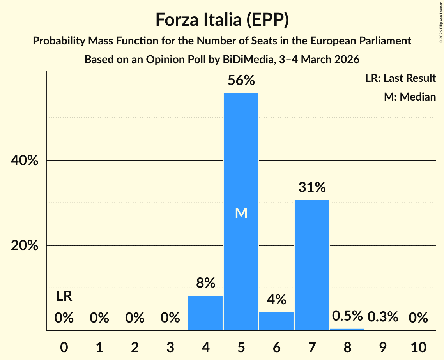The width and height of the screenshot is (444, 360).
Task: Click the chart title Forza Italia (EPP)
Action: [x=222, y=19]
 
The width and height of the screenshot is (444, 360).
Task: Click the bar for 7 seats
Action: [x=312, y=265]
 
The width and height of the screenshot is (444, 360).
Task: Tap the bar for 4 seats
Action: [x=205, y=313]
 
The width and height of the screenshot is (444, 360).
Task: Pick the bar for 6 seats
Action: [x=276, y=321]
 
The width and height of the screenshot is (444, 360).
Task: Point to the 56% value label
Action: [x=241, y=80]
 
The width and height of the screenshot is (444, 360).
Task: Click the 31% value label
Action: [x=312, y=187]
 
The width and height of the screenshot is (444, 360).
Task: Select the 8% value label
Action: [x=205, y=283]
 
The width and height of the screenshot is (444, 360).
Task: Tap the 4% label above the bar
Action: [x=276, y=300]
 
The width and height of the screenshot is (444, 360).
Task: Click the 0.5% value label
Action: [x=347, y=316]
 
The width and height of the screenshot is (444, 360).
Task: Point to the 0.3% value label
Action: [x=383, y=317]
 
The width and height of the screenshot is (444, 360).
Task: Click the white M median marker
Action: [x=241, y=213]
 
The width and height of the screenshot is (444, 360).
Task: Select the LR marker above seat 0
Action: [x=64, y=296]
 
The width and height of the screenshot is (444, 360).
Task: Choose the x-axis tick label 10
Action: [x=418, y=347]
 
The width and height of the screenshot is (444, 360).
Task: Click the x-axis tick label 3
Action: [x=170, y=347]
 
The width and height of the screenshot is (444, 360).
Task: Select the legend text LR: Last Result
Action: [x=400, y=78]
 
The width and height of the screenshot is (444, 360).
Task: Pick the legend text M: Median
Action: [x=410, y=97]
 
